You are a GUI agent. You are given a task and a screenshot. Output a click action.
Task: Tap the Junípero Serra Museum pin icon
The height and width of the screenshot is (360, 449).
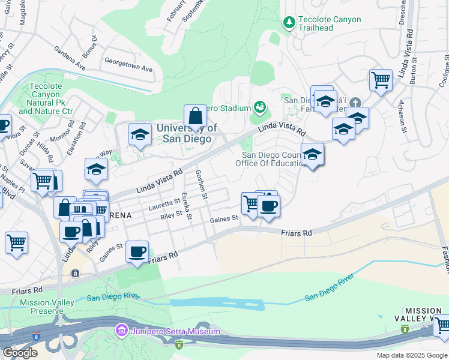click(x=121, y=331)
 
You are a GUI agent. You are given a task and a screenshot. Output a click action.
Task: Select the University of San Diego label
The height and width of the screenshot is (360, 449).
click(x=186, y=133)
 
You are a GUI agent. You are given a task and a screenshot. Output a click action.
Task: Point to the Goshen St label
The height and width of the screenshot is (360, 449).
click(x=202, y=184)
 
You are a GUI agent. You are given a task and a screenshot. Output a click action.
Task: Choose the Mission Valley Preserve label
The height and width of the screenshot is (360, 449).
click(x=42, y=307)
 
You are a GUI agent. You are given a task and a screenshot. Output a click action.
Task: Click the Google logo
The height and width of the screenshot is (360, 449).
click(x=20, y=353)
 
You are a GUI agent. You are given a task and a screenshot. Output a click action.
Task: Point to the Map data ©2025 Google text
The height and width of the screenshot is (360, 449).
click(x=411, y=355)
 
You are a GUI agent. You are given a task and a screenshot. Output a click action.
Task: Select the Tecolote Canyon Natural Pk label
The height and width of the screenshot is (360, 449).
click(x=46, y=98)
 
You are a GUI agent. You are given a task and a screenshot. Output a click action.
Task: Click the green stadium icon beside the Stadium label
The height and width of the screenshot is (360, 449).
click(x=260, y=107)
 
